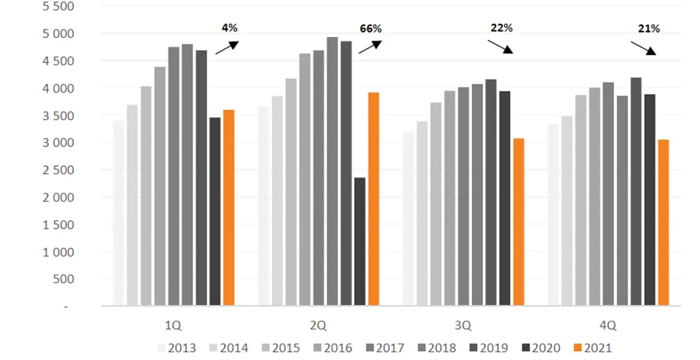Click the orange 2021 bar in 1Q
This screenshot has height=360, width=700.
(x=229, y=207)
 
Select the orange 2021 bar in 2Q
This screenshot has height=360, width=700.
(x=373, y=199)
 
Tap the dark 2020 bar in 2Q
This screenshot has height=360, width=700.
(x=360, y=241)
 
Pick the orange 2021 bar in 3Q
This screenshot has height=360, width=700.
(x=519, y=222)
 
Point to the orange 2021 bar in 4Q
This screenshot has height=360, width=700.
(x=664, y=223)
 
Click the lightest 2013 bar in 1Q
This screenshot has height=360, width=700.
(x=119, y=213)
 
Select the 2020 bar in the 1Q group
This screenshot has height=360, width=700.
(x=215, y=212)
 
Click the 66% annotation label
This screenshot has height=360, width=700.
(x=370, y=29)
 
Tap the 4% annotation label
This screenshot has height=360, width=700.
(x=230, y=27)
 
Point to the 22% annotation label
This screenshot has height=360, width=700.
(x=501, y=27)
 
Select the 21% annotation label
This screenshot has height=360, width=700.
(x=649, y=29)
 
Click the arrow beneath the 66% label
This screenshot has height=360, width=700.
(x=370, y=47)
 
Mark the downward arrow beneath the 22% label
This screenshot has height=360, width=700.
(x=500, y=47)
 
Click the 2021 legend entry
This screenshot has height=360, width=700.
(x=593, y=348)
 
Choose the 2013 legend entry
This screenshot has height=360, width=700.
(x=176, y=348)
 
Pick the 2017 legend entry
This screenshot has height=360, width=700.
(x=385, y=348)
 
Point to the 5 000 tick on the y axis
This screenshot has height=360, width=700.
(x=59, y=34)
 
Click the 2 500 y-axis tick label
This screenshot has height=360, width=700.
(x=59, y=170)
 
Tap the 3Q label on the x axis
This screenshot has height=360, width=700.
(x=463, y=326)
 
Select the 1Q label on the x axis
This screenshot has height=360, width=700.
(x=173, y=326)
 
